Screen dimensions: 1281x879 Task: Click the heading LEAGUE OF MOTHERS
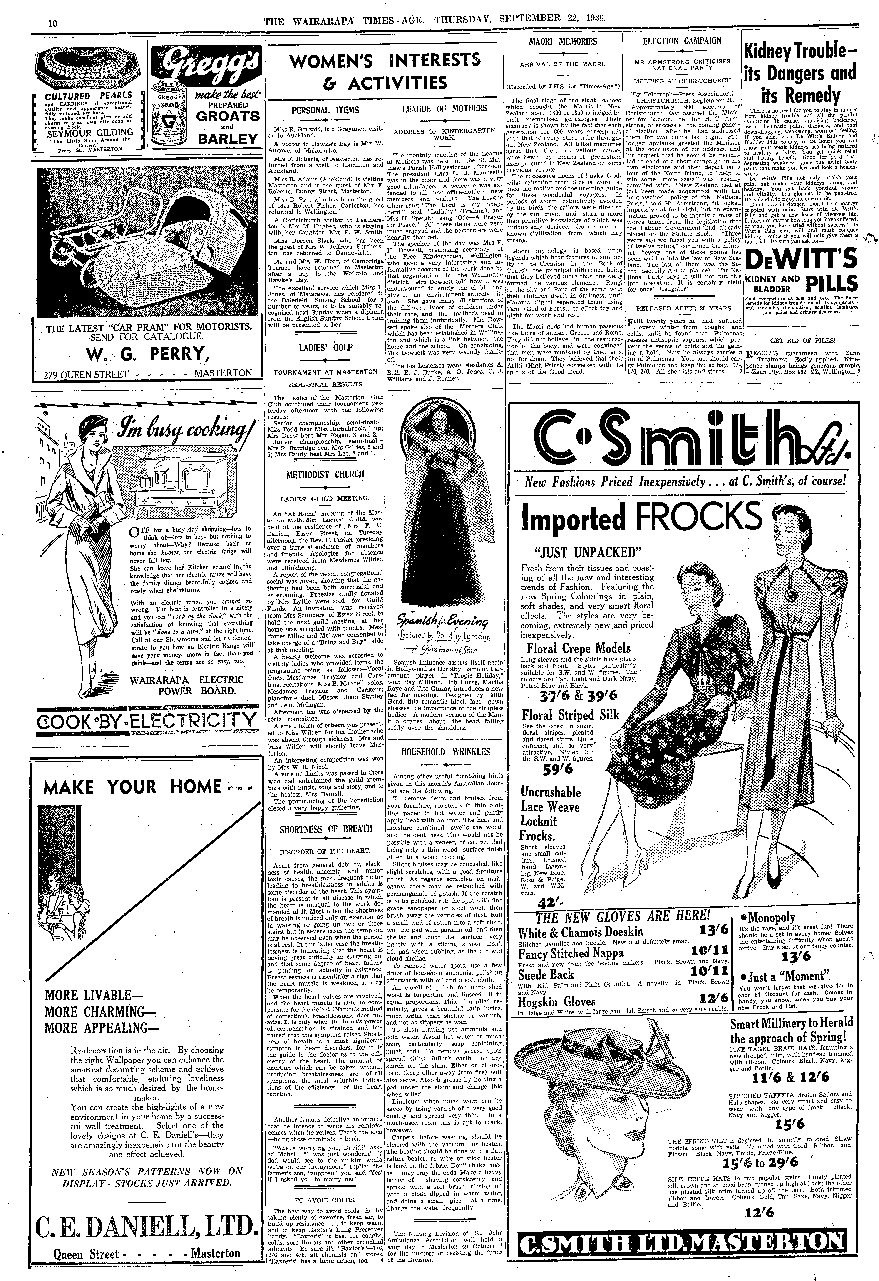[x=444, y=109]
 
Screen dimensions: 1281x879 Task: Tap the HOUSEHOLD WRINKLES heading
[x=446, y=752]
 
